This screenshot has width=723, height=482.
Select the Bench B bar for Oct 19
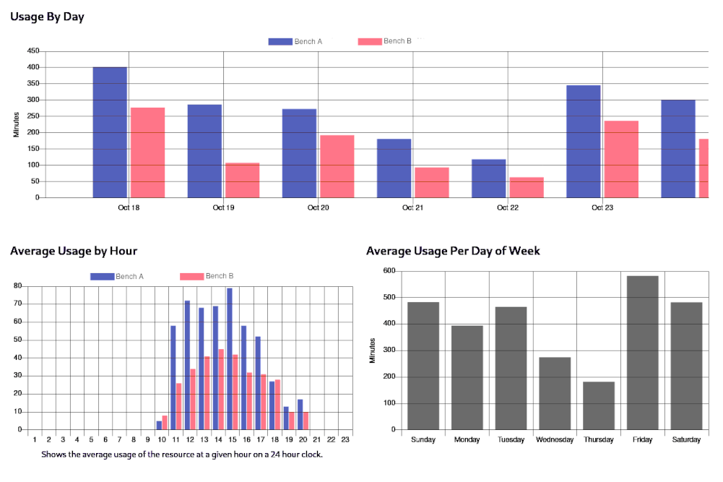tap(242, 180)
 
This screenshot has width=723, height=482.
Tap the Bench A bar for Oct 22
tap(489, 178)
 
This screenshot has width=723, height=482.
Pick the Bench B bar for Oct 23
tap(621, 159)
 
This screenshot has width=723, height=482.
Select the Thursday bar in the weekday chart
tap(598, 405)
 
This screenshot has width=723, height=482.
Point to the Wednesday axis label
tap(555, 440)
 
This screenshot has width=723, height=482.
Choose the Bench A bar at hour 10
tap(159, 425)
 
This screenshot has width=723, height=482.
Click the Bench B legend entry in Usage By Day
tap(385, 41)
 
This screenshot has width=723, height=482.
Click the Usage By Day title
tap(47, 17)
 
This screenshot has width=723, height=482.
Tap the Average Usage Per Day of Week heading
tap(453, 251)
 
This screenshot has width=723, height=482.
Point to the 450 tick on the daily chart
tap(33, 51)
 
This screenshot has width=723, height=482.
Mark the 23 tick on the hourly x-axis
tap(345, 439)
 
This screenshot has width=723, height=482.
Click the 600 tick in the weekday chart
tap(389, 271)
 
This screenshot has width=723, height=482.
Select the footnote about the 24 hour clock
tap(182, 455)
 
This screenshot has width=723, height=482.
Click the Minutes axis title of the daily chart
tap(16, 124)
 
